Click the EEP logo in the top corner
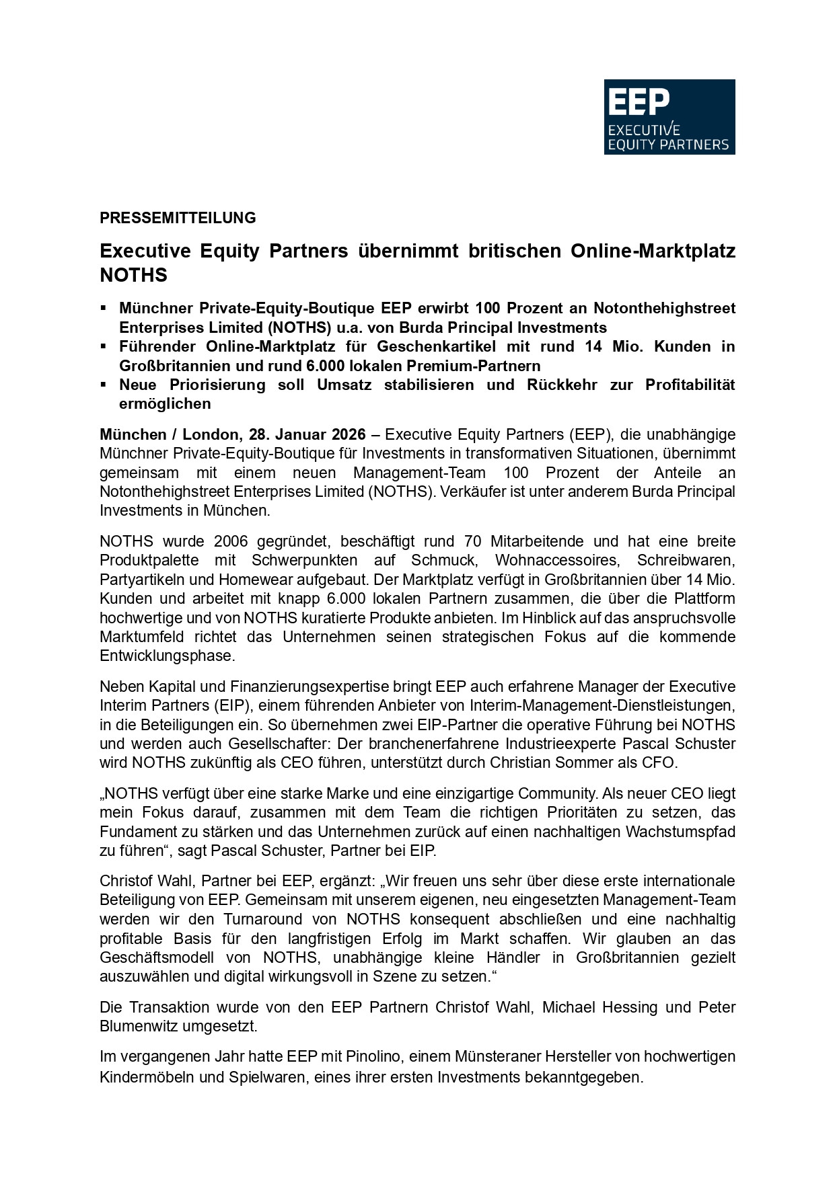tap(669, 117)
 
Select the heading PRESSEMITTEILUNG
tap(178, 218)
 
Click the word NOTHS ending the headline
tap(133, 275)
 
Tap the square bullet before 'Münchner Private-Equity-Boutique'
tap(104, 308)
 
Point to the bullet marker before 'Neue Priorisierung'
tap(104, 385)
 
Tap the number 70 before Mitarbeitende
tap(473, 541)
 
